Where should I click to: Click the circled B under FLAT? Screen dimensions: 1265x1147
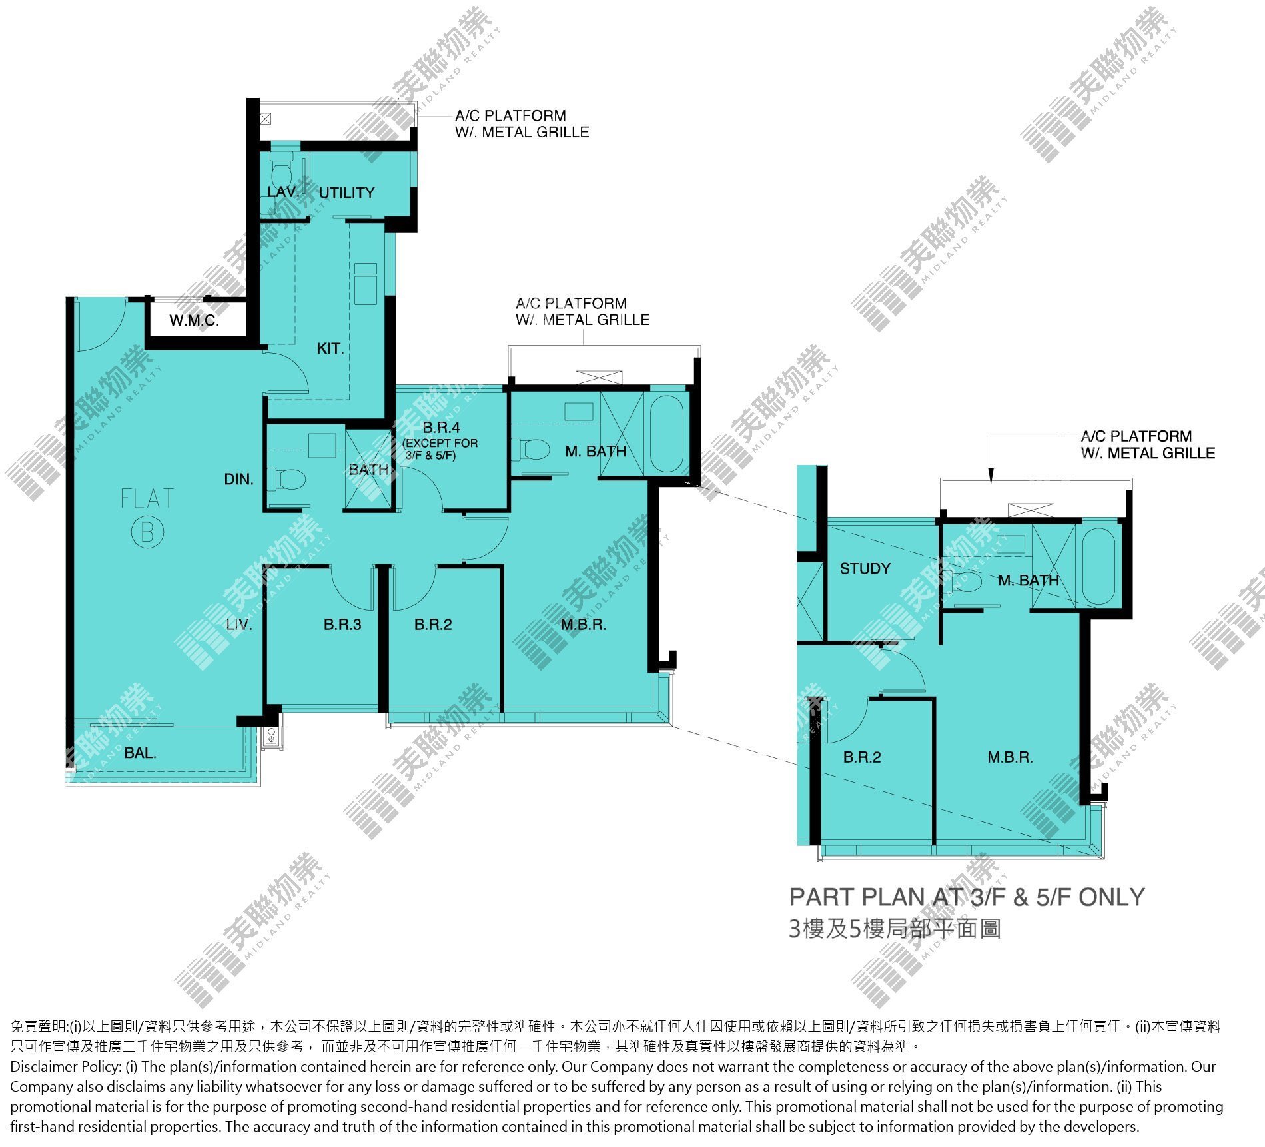(x=147, y=532)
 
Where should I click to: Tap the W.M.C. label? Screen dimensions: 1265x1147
(x=194, y=321)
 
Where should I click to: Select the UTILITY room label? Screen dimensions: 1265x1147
(x=346, y=193)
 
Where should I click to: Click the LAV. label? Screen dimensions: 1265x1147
(x=282, y=192)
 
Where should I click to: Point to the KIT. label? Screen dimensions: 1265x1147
(x=330, y=348)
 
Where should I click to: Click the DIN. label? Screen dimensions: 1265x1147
(x=238, y=479)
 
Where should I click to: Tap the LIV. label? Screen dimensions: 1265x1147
(x=238, y=625)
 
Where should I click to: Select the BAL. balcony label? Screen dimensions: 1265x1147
(x=140, y=753)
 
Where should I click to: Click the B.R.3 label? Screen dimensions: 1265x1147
(x=342, y=625)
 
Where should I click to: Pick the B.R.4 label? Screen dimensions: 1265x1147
(x=441, y=428)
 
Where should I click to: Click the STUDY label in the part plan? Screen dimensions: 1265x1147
(x=865, y=569)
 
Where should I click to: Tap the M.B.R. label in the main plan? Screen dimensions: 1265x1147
(x=583, y=625)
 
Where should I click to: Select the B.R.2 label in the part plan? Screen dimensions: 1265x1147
(x=862, y=757)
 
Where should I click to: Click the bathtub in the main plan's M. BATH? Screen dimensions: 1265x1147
(x=667, y=434)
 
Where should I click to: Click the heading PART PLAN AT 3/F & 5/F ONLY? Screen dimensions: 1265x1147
(x=967, y=898)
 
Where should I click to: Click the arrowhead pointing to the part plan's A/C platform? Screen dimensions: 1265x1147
(x=991, y=476)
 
